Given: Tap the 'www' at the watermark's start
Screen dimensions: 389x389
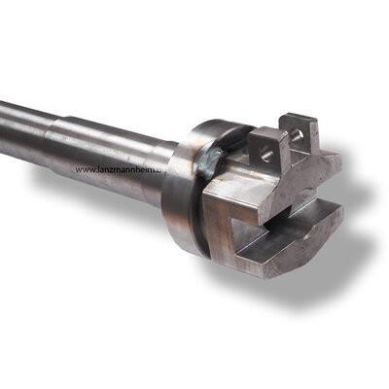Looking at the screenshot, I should click(85, 169).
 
